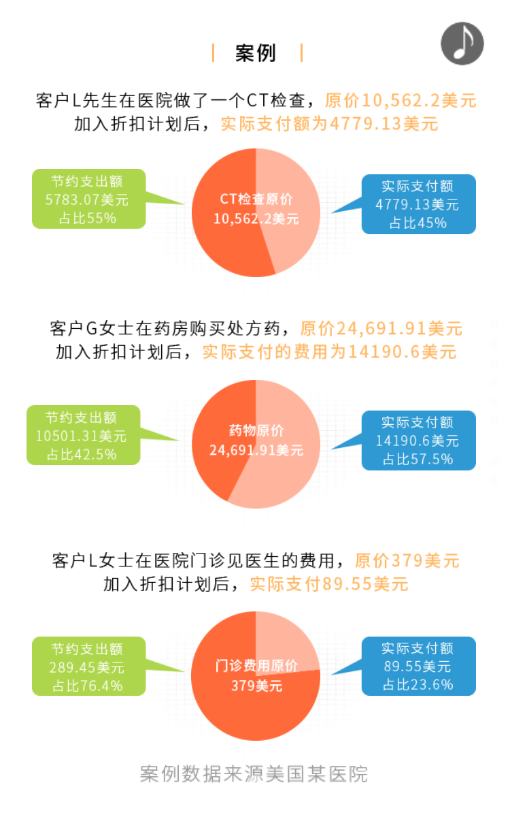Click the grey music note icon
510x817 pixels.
[x=462, y=44]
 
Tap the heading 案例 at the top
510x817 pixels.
[x=256, y=53]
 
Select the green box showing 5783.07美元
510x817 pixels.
[x=89, y=199]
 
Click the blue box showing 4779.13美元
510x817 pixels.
[x=419, y=204]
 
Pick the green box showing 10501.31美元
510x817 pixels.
[x=84, y=435]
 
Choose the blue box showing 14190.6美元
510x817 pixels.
[x=419, y=440]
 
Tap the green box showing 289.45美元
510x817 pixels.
[x=89, y=667]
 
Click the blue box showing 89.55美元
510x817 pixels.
[x=419, y=667]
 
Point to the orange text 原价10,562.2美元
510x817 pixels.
[x=401, y=100]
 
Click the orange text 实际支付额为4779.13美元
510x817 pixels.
[x=329, y=124]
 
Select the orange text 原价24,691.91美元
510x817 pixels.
[x=381, y=328]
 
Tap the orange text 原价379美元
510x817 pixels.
[x=407, y=560]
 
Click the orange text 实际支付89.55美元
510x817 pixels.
[x=329, y=584]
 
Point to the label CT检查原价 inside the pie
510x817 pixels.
[x=256, y=199]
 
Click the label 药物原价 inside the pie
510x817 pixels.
[x=256, y=430]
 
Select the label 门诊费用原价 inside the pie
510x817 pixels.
[x=256, y=666]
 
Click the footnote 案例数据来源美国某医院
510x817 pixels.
[x=254, y=774]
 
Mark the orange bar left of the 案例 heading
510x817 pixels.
[x=213, y=53]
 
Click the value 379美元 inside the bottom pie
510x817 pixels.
[x=256, y=686]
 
